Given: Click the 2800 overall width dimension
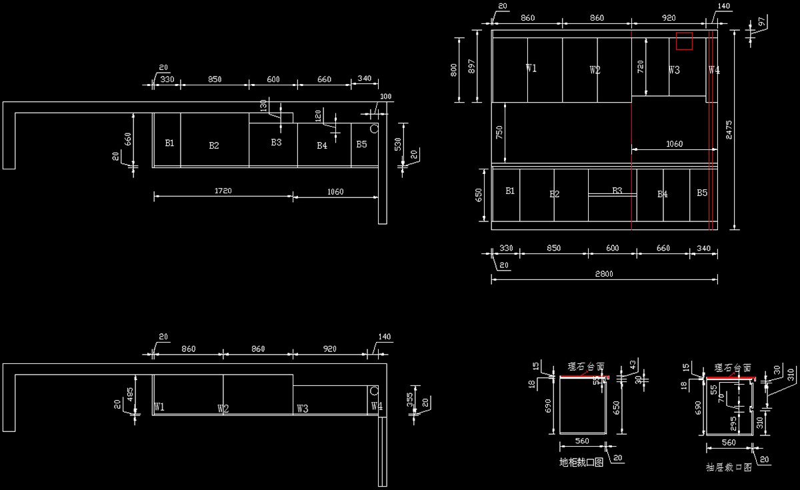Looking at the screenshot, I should pos(604,273).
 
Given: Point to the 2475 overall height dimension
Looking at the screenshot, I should pos(730,127).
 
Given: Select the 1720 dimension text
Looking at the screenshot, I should pos(223,191).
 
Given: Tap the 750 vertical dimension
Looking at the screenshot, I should pos(499,133).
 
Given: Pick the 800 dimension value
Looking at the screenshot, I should pos(455,69).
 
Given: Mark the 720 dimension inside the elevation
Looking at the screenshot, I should pos(641,66).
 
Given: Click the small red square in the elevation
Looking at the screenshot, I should pos(684,41).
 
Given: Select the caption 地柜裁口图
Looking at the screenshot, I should pos(581,462).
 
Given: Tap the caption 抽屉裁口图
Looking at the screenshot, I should pos(729,467).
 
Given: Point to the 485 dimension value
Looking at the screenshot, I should pos(131,394).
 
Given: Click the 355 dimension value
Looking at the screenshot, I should pos(410,399).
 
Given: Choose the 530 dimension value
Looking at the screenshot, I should pos(398,143).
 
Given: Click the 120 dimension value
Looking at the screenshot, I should pos(318,116).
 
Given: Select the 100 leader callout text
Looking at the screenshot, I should pos(385,97).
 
